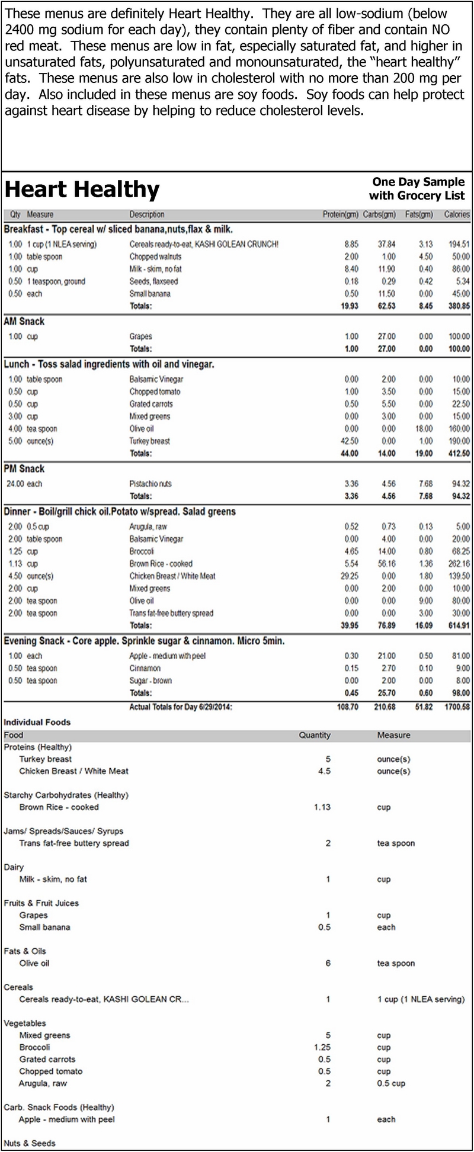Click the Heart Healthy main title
82,190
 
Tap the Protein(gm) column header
340,214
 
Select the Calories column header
457,214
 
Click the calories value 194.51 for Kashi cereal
458,244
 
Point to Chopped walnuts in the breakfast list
155,256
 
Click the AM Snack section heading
24,322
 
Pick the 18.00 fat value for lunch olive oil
425,429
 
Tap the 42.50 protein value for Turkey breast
351,441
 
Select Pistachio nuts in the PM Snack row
150,484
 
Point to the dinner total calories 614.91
457,625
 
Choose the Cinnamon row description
145,668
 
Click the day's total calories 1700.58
456,707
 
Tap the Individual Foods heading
37,722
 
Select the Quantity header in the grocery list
315,735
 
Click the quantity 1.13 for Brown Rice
322,807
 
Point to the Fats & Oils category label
24,951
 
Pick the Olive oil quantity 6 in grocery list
328,963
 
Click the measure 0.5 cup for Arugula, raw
391,1083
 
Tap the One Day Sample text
418,182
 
